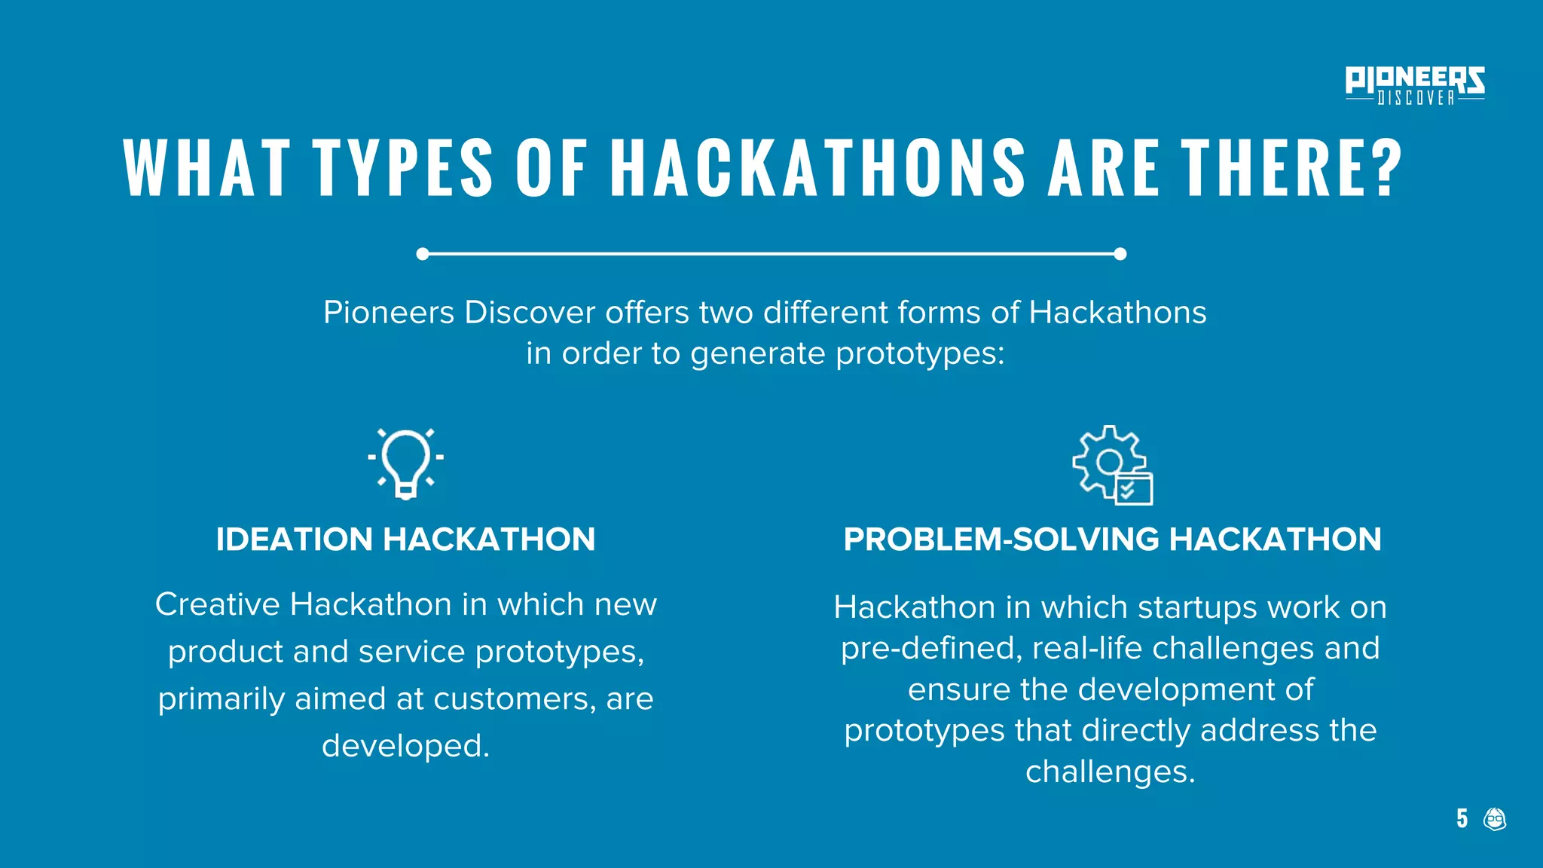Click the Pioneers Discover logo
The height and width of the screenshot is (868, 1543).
pyautogui.click(x=1414, y=85)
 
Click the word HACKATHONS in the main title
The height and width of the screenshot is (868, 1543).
pyautogui.click(x=817, y=168)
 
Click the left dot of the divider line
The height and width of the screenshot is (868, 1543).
pyautogui.click(x=423, y=254)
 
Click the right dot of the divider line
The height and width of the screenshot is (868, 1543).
pyautogui.click(x=1120, y=254)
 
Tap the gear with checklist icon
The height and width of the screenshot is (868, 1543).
pyautogui.click(x=1112, y=465)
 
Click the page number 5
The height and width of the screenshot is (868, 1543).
pyautogui.click(x=1462, y=818)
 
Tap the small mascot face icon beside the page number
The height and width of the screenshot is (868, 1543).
pyautogui.click(x=1495, y=818)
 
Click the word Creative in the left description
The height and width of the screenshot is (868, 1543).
pyautogui.click(x=218, y=604)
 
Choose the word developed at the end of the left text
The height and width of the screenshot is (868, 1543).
pyautogui.click(x=405, y=746)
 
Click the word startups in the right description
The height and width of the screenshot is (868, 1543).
pyautogui.click(x=1197, y=607)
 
